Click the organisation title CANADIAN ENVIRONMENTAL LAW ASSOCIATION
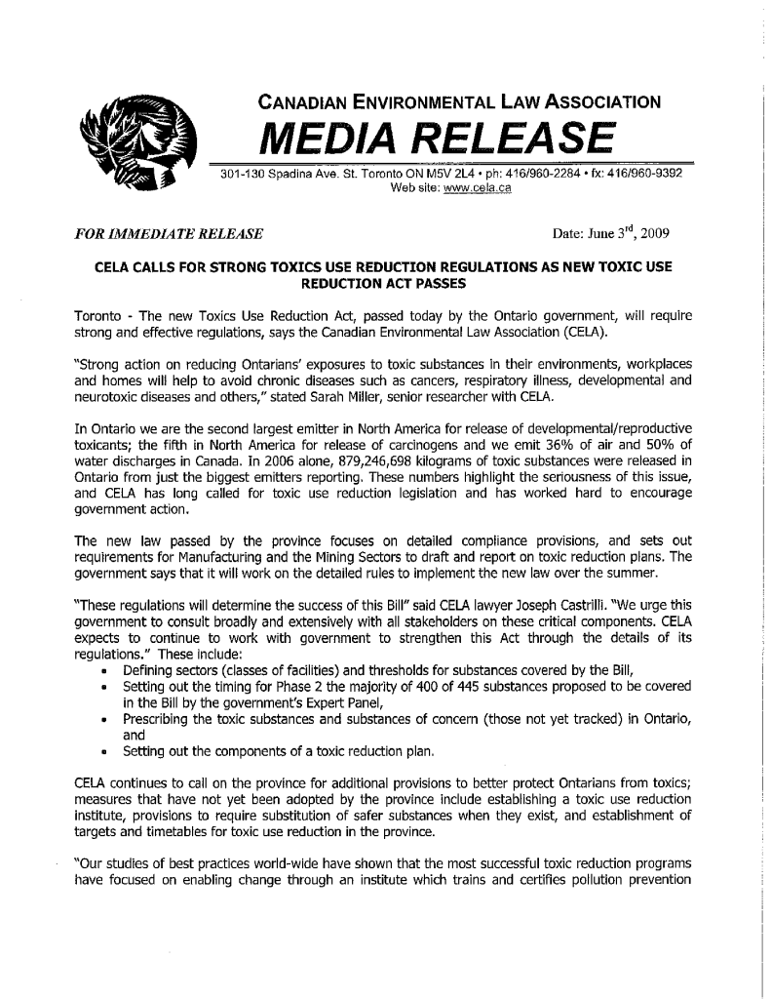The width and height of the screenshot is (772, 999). tap(459, 100)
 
